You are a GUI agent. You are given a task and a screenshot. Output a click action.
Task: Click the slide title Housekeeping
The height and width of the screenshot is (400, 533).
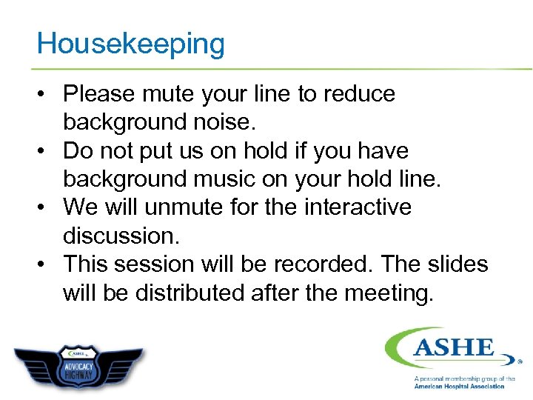(x=130, y=44)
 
